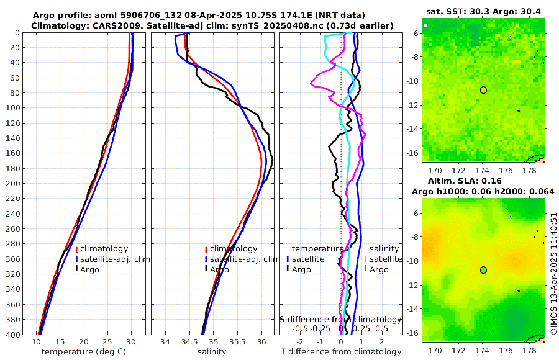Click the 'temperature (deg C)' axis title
(80, 352)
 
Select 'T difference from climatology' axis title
(341, 352)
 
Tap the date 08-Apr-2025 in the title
(199, 15)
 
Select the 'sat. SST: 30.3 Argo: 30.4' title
(483, 11)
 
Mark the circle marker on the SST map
(483, 90)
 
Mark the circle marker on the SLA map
(483, 270)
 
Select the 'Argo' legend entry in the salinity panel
(219, 270)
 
